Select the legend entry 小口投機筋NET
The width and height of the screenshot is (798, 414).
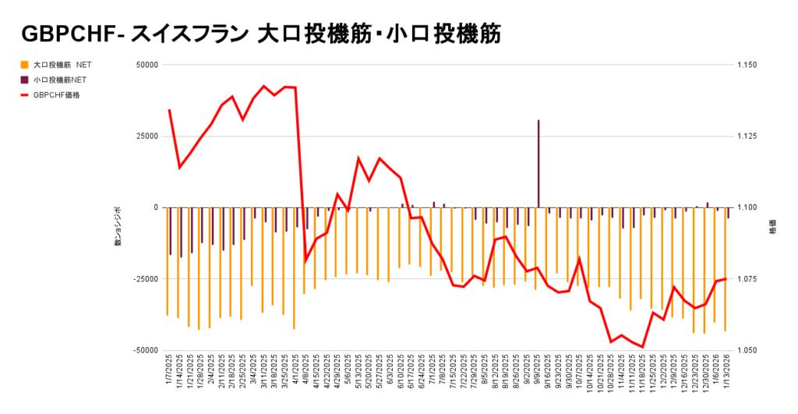(x=59, y=80)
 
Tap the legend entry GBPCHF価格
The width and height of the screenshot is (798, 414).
(x=56, y=95)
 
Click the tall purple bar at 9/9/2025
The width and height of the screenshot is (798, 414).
(x=538, y=164)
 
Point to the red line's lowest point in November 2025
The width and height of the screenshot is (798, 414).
(x=642, y=346)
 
